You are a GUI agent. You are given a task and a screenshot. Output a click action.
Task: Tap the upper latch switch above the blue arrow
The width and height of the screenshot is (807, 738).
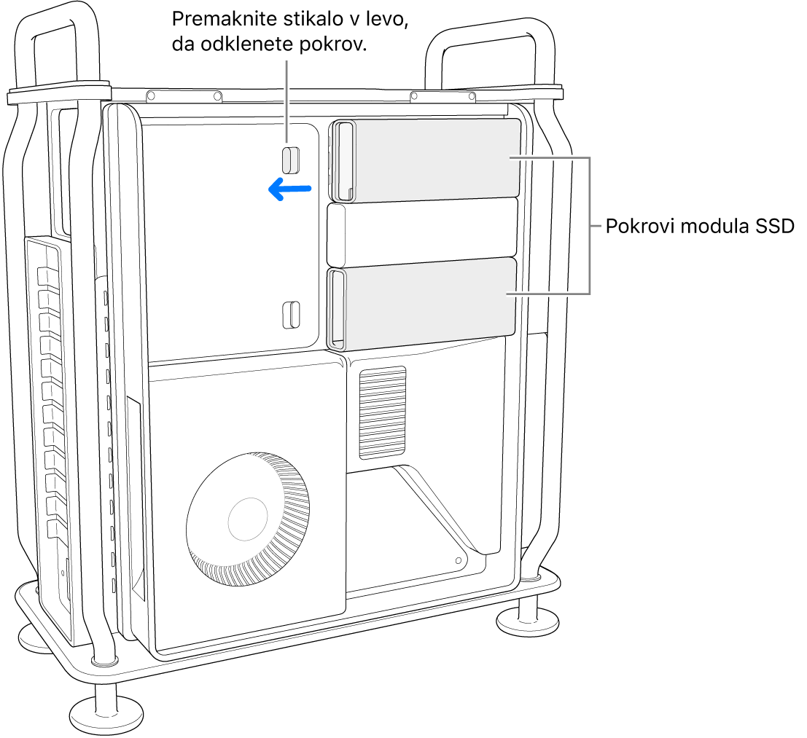[x=291, y=160]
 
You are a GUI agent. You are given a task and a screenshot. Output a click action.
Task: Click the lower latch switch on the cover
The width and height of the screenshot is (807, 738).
[x=290, y=314]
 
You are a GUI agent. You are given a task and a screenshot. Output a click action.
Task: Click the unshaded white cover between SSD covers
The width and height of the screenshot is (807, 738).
[x=423, y=233]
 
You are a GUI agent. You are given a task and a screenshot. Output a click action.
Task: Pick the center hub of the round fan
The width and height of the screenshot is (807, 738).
[x=249, y=518]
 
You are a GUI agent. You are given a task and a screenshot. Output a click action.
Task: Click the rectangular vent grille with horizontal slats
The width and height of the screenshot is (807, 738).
[x=382, y=412]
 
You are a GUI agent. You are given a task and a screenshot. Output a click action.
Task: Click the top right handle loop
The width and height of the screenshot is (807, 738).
[x=487, y=58]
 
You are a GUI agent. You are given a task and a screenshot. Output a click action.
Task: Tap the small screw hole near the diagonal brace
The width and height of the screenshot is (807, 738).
[x=458, y=560]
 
